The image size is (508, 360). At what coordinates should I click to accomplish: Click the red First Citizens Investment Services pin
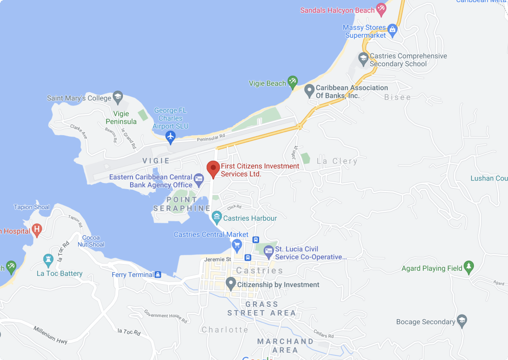(213, 168)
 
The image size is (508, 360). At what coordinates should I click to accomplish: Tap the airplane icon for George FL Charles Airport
(170, 136)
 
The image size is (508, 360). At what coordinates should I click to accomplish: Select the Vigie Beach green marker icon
(292, 82)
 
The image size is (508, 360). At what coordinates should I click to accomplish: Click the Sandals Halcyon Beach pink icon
(380, 9)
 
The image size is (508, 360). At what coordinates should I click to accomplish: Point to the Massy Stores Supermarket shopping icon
(392, 30)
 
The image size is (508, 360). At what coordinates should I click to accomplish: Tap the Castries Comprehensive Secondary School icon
(363, 59)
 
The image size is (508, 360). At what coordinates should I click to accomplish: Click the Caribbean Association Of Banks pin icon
(309, 91)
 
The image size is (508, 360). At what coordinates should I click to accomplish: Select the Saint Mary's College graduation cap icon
(118, 96)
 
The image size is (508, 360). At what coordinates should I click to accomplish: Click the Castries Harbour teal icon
(217, 218)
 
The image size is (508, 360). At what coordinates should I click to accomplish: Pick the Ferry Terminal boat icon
(158, 275)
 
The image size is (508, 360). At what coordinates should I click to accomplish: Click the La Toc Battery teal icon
(48, 260)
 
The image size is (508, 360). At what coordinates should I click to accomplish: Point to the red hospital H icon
(37, 229)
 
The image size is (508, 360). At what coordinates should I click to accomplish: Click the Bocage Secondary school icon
(462, 321)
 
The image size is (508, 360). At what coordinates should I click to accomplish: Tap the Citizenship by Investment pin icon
(231, 284)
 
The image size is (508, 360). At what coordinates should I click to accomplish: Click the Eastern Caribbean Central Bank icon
(199, 178)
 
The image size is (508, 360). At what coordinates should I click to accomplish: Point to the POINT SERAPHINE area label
(182, 204)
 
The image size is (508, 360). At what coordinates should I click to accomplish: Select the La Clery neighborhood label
(337, 161)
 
